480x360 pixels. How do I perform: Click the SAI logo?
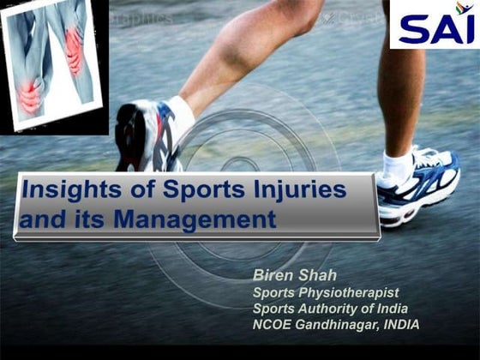pos(434,26)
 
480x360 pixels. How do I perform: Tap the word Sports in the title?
pos(201,191)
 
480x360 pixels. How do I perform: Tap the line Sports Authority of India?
pos(329,309)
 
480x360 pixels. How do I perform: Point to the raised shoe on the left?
pos(146,137)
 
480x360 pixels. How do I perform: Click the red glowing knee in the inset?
pos(33,94)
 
